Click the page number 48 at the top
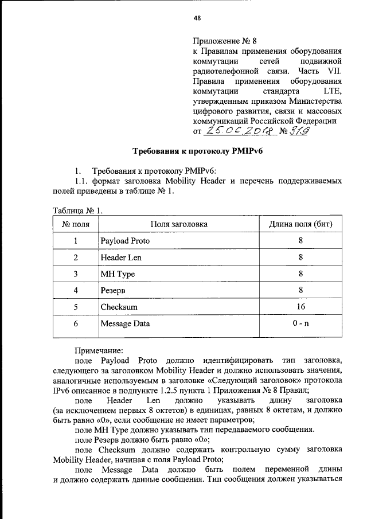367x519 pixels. (197, 18)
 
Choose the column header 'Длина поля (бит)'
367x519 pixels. (301, 224)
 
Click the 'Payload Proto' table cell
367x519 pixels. (124, 241)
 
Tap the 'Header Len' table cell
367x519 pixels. (120, 257)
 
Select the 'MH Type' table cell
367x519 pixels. (118, 274)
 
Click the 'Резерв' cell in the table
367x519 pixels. (113, 291)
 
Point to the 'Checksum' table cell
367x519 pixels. (118, 307)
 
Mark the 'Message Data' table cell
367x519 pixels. (125, 323)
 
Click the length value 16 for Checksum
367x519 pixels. (301, 307)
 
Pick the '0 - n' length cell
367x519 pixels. (301, 323)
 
